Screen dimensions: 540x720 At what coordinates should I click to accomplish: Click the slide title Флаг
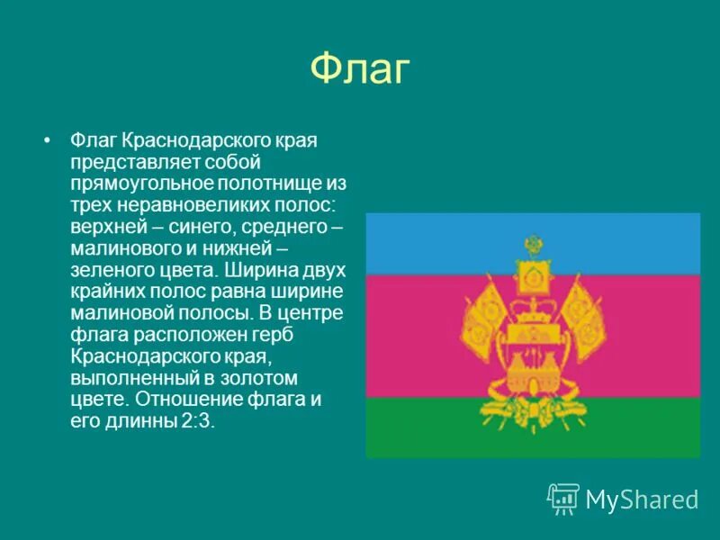click(360, 70)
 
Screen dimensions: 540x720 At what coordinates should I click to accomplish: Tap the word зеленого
click(106, 266)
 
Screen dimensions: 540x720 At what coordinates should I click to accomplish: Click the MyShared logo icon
click(562, 498)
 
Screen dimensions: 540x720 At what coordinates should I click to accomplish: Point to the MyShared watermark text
click(642, 499)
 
